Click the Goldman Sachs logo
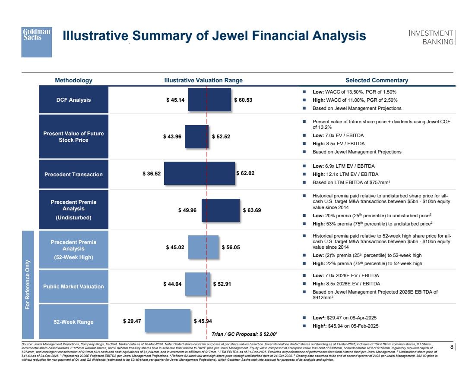(37, 41)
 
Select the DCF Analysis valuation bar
(209, 100)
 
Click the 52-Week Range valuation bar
(168, 321)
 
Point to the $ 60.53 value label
(243, 100)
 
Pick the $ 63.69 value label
(252, 210)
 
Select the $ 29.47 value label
(132, 321)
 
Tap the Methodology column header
(73, 80)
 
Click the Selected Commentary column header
(377, 80)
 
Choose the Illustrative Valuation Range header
(203, 80)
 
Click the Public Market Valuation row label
(73, 286)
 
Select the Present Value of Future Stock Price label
(73, 137)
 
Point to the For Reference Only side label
(28, 284)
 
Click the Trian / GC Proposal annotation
(244, 334)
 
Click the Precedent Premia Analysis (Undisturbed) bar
(220, 210)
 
